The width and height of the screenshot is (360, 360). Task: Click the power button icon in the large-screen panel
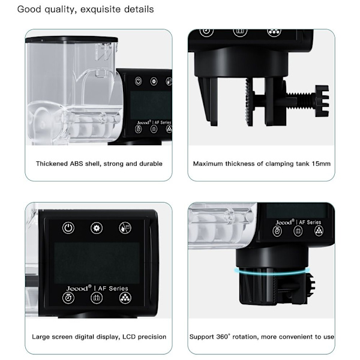[68, 228]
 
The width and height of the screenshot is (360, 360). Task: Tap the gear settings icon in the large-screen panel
[97, 228]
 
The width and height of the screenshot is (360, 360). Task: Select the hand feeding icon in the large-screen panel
[125, 228]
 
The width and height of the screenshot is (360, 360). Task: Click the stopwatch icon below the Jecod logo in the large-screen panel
[68, 298]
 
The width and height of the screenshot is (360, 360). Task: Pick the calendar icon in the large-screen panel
[97, 298]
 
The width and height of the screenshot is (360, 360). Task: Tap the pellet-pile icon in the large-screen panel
[125, 298]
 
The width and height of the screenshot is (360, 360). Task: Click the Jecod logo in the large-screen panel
[79, 288]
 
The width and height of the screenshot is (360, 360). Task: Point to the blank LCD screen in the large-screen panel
[97, 263]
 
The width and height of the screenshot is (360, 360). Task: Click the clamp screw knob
[322, 101]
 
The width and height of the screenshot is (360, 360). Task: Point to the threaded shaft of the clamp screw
[301, 95]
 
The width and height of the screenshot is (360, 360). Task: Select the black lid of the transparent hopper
[71, 40]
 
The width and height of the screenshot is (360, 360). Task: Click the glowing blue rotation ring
[272, 271]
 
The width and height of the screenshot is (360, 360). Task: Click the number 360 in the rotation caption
[222, 337]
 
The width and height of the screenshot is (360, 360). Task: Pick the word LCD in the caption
[129, 337]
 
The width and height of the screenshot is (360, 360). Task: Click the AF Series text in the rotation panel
[310, 222]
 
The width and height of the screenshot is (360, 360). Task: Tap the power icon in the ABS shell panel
[138, 81]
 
